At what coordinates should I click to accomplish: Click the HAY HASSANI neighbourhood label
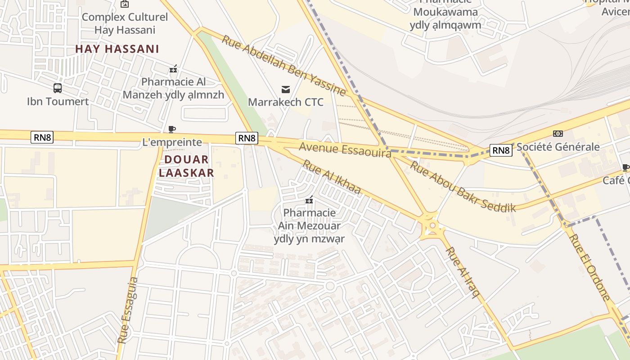coord(117,49)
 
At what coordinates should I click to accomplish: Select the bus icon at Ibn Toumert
coord(58,88)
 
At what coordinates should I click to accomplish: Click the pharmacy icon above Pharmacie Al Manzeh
coord(173,69)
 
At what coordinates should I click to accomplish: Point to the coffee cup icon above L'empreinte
coord(171,130)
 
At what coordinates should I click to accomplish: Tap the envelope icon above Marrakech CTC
coord(286,89)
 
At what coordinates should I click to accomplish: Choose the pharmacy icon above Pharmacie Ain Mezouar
coord(309,199)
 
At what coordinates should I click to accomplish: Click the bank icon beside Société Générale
coord(558,134)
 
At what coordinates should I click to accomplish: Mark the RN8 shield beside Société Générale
coord(501,150)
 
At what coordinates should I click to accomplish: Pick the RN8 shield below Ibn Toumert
coord(42,137)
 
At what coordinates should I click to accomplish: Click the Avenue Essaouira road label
coord(345,150)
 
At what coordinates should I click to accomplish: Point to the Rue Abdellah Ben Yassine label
coord(283,66)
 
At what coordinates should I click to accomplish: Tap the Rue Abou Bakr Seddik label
coord(463,186)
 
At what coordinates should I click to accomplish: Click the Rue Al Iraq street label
coord(463,273)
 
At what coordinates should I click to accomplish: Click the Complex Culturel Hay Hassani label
coord(125,23)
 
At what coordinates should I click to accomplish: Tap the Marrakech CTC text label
coord(286,102)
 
